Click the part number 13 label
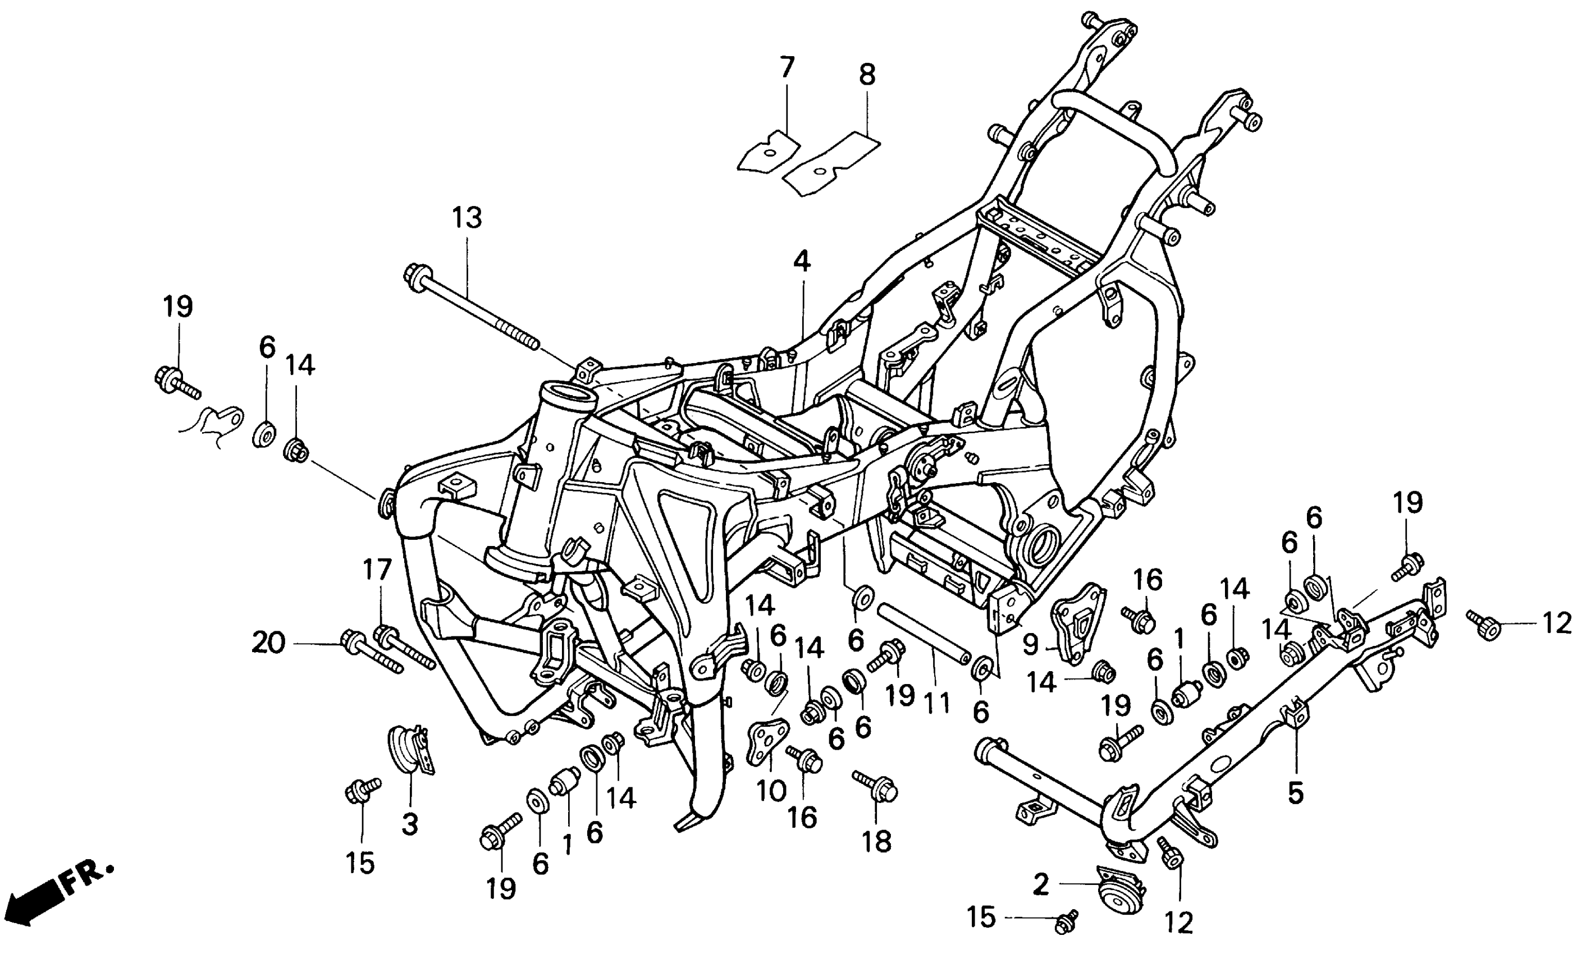[467, 218]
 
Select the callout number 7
[787, 67]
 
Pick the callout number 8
[867, 76]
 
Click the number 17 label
[377, 570]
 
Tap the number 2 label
[1040, 885]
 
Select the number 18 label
[877, 841]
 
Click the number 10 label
[770, 791]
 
